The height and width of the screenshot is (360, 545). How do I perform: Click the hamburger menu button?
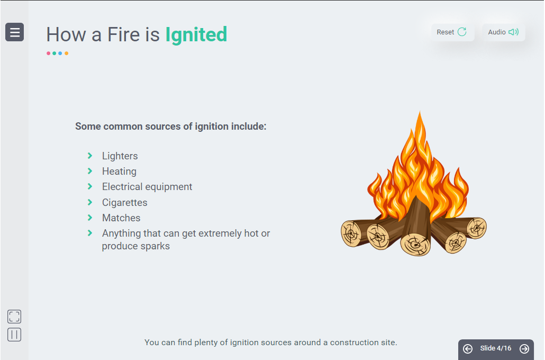pos(15,32)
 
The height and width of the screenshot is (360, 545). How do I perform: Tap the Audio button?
pos(503,32)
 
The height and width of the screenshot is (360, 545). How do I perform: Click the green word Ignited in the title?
pos(196,35)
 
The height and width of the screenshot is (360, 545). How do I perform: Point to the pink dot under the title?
pos(48,53)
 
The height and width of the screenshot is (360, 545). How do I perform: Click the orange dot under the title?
pos(66,53)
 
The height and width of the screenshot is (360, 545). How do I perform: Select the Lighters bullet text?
pos(120,156)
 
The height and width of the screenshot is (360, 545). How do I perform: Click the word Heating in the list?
pos(119,171)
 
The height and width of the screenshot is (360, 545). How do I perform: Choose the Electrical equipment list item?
pos(147,187)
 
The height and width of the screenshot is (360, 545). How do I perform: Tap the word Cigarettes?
pos(125,202)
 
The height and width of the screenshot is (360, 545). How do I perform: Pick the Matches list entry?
pos(121,218)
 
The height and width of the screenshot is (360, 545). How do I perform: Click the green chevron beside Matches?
pos(90,218)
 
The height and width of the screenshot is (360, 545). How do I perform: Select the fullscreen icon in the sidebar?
pos(14,317)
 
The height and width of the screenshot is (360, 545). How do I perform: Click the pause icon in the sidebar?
pos(14,335)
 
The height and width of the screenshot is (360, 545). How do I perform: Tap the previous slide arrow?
pos(468,348)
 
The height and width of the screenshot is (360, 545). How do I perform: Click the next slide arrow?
pos(524,348)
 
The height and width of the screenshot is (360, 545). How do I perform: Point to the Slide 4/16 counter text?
pos(496,348)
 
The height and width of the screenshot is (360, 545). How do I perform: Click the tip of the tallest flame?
pos(420,111)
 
